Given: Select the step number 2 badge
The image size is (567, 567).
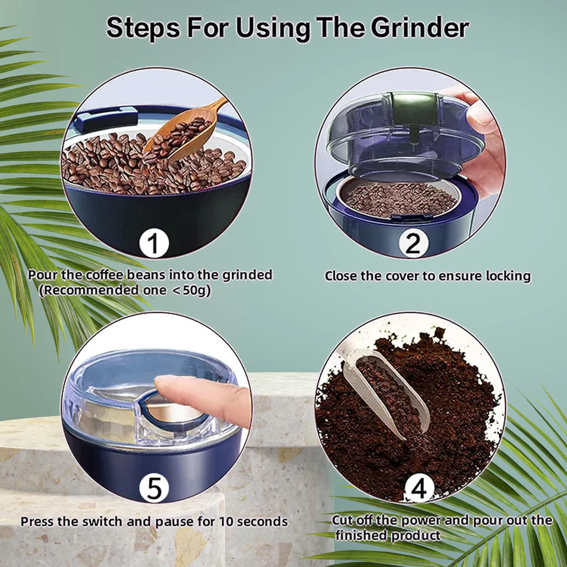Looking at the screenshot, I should tap(413, 243).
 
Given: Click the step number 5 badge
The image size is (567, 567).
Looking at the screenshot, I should tap(154, 489).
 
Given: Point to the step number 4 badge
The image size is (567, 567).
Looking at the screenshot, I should tap(419, 490).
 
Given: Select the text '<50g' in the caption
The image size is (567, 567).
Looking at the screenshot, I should tap(192, 290).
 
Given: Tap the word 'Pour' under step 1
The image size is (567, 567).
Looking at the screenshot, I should tap(43, 275).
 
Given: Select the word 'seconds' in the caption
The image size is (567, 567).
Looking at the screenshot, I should tap(264, 522).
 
